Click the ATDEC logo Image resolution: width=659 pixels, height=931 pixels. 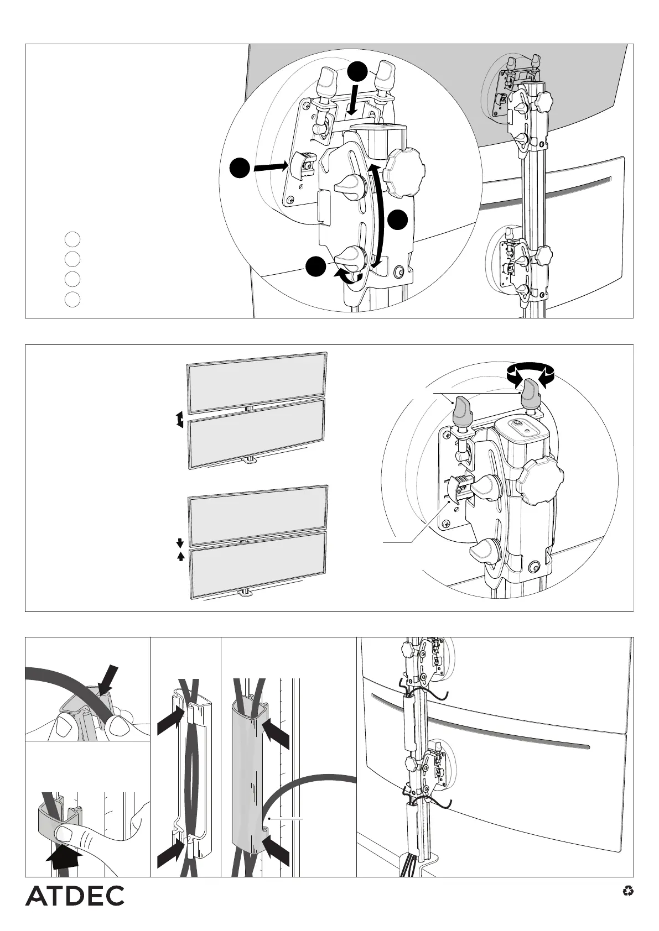pos(75,896)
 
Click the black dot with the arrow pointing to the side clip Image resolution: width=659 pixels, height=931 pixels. pos(239,168)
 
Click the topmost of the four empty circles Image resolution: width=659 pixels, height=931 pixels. pos(72,239)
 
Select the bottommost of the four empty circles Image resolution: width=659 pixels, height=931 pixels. pos(72,299)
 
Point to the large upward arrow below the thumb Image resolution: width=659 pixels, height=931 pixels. pos(64,863)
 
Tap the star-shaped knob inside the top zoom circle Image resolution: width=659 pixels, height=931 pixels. pos(405,173)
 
